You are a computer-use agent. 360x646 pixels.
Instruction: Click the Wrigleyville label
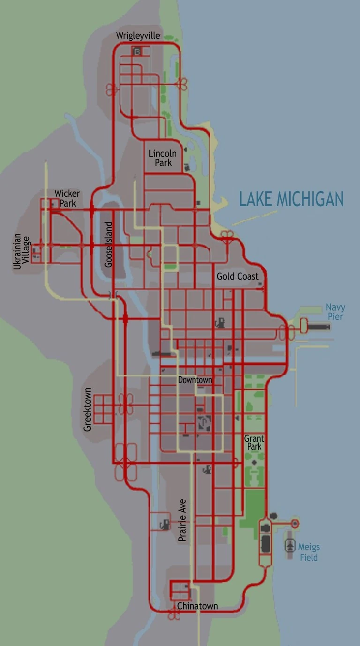click(x=138, y=36)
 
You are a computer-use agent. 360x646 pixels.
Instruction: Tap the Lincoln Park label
click(x=163, y=158)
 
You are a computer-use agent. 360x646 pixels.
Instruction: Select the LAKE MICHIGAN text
click(x=291, y=199)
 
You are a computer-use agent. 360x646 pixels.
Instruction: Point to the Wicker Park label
click(x=67, y=198)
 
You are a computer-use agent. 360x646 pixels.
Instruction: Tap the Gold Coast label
click(x=237, y=276)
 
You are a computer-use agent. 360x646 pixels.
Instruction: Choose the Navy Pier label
click(x=335, y=312)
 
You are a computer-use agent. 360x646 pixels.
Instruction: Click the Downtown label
click(x=195, y=380)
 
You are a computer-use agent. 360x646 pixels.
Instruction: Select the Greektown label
click(x=87, y=409)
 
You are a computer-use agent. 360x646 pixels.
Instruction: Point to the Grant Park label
click(x=254, y=443)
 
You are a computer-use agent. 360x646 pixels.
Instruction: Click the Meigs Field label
click(x=308, y=552)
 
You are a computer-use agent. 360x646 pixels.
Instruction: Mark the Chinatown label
click(x=197, y=606)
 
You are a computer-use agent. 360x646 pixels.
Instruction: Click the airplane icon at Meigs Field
click(x=290, y=546)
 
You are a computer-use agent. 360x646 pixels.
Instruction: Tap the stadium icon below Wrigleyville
click(x=137, y=52)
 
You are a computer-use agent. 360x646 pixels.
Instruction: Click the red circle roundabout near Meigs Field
click(x=295, y=523)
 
